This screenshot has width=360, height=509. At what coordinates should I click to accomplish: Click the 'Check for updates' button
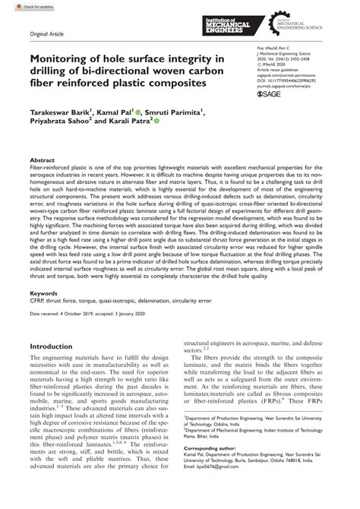coord(22,5)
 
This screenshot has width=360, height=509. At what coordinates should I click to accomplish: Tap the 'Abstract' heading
coord(42,161)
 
